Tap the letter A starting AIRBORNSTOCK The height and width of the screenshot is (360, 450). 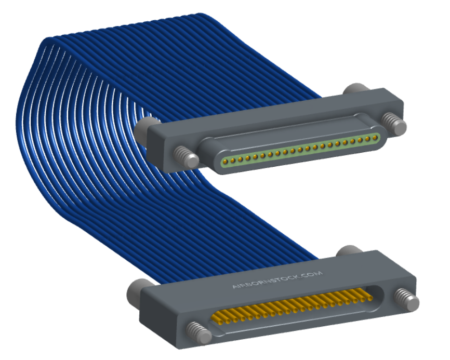[234, 287]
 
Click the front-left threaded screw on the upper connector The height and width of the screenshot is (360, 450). [186, 156]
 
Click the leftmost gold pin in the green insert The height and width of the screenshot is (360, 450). [226, 162]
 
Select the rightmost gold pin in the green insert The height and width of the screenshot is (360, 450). [375, 137]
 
